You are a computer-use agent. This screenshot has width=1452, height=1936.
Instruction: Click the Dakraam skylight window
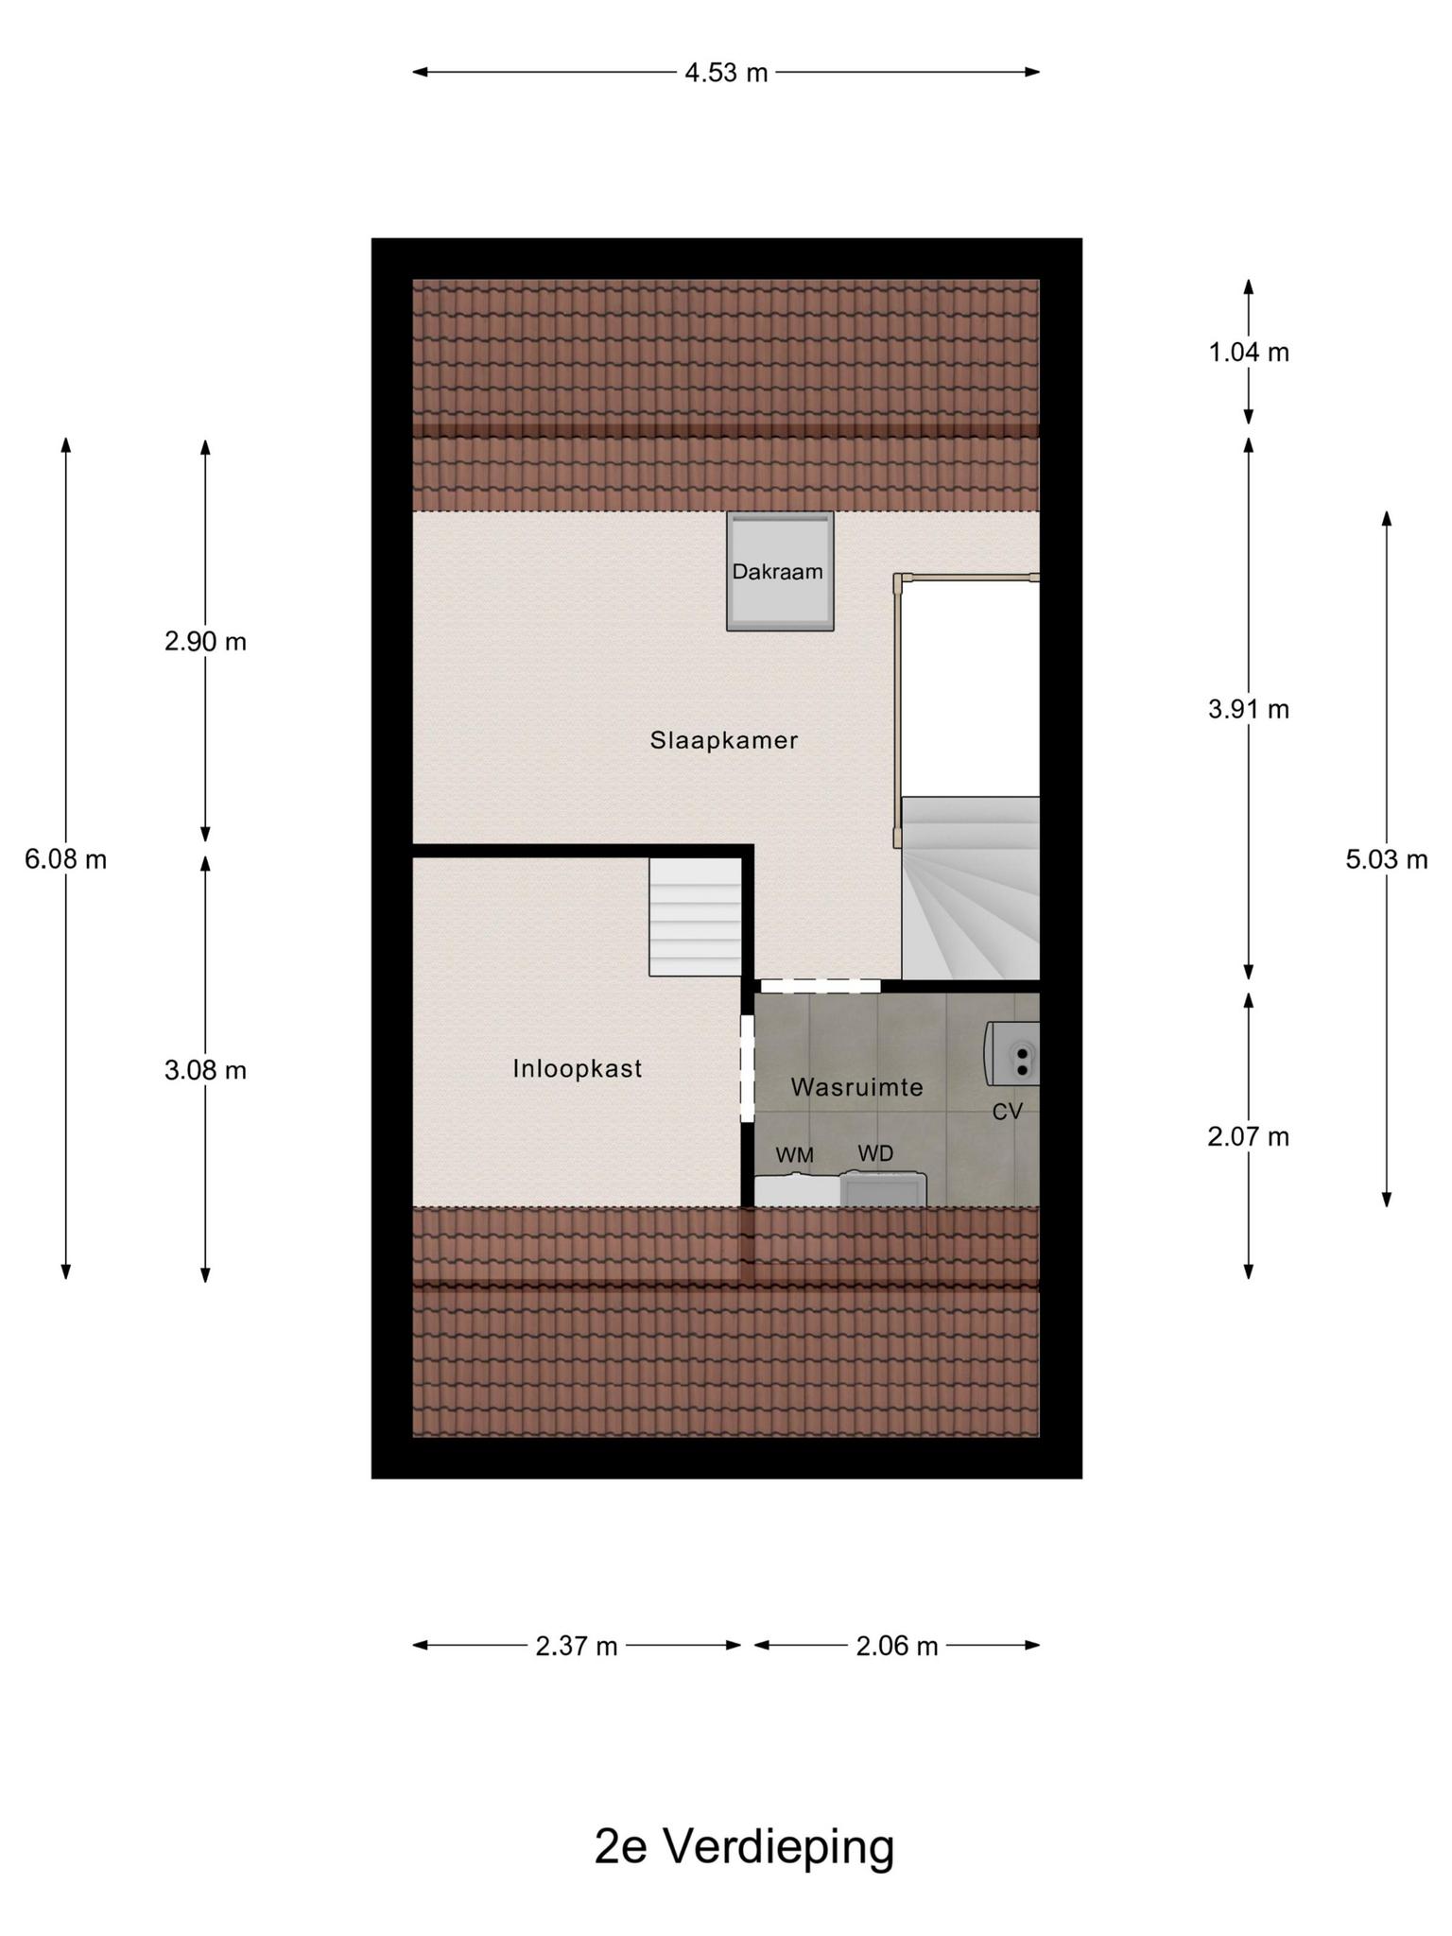780,571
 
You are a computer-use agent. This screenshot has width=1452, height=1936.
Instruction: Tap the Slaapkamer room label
724,740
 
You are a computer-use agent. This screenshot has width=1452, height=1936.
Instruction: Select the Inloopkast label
578,1068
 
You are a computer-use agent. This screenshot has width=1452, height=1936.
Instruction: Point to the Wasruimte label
856,1087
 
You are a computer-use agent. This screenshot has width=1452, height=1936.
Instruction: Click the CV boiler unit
1012,1053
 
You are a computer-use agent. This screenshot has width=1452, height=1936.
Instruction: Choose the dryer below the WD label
883,1188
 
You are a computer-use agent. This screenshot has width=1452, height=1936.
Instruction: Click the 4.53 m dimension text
726,73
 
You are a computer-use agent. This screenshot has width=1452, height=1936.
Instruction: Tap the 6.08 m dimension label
65,859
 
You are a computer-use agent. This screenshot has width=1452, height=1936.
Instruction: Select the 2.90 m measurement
205,642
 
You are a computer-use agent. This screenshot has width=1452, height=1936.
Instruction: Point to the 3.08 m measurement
205,1070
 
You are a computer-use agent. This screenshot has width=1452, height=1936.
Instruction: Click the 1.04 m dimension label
1249,353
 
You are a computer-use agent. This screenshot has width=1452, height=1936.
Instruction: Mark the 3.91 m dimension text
1249,709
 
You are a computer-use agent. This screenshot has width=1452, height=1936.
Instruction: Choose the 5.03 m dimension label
1387,859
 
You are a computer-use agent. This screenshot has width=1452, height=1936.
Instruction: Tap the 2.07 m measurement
1249,1136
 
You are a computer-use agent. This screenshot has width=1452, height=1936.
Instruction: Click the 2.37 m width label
577,1646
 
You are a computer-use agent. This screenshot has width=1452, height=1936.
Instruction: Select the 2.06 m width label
897,1646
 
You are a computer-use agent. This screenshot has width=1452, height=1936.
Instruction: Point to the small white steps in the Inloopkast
695,917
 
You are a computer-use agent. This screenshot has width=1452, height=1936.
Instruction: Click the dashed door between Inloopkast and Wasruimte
747,1068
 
